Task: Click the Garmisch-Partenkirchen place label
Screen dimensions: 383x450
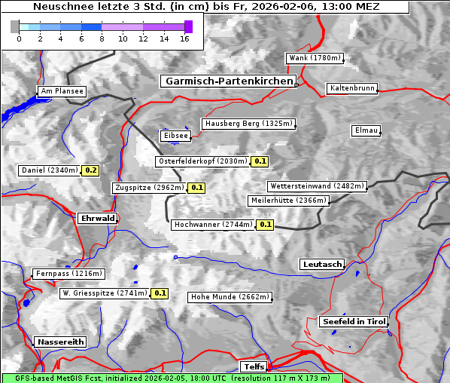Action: [x=227, y=81]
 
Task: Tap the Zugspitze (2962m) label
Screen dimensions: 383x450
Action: [x=148, y=188]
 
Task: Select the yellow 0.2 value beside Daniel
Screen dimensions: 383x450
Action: [x=91, y=170]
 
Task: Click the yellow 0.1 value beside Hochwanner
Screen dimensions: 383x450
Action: [x=265, y=225]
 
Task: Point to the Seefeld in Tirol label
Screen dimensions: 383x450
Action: [x=354, y=322]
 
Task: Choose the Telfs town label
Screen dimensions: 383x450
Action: [x=253, y=367]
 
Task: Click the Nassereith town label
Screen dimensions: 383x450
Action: [x=60, y=342]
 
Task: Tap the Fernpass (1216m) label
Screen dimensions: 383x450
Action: [x=68, y=274]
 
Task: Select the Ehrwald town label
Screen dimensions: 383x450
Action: [x=97, y=218]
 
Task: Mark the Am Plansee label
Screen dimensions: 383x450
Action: [x=62, y=91]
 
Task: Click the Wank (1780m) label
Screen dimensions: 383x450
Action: [x=315, y=58]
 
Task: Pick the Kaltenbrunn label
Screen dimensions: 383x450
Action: [x=351, y=88]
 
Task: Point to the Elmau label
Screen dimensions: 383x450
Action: [x=366, y=130]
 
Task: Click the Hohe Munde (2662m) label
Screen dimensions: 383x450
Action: [x=230, y=297]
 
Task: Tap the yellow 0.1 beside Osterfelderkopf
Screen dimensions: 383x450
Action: [x=260, y=161]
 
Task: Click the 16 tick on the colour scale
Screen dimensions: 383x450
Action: [x=184, y=38]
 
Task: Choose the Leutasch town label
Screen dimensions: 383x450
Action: [x=322, y=265]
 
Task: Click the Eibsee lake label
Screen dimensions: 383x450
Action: [x=175, y=136]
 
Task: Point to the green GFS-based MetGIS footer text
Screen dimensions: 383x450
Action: [x=172, y=378]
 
